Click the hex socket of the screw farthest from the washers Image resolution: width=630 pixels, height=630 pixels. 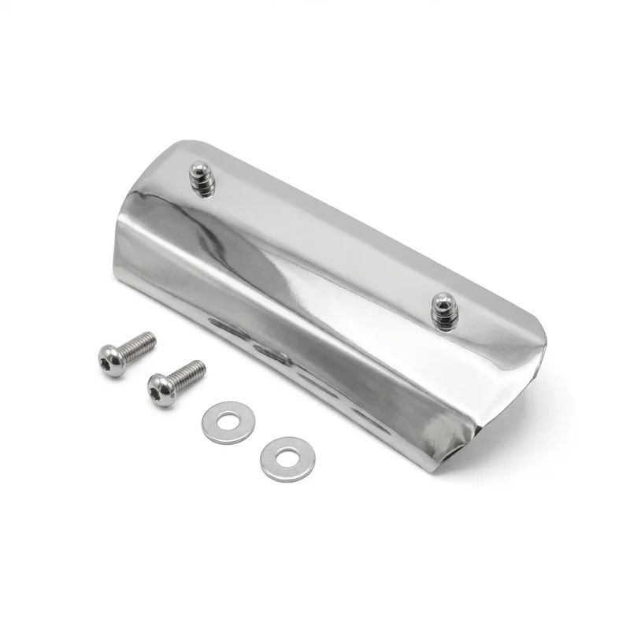pyautogui.click(x=109, y=361)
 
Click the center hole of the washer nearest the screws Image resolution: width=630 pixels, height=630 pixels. pyautogui.click(x=228, y=421)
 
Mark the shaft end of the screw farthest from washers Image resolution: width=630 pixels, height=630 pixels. pyautogui.click(x=153, y=338)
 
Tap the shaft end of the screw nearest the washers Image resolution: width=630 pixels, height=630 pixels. pyautogui.click(x=202, y=366)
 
